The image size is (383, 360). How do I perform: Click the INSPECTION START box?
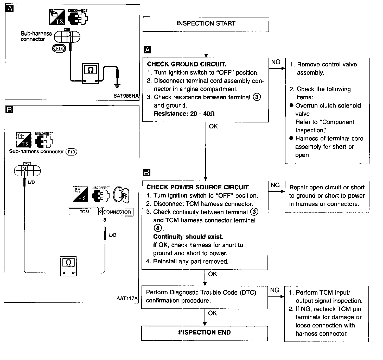(x=206, y=24)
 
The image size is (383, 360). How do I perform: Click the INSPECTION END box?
(x=205, y=333)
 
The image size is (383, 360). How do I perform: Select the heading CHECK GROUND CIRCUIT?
(x=187, y=64)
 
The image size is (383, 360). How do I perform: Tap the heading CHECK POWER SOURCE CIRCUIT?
(x=198, y=187)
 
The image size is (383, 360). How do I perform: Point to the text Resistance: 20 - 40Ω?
(x=184, y=114)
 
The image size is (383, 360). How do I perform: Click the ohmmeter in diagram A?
(x=91, y=73)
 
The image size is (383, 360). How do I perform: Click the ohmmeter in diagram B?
(x=68, y=266)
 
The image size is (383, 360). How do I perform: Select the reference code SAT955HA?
(x=126, y=96)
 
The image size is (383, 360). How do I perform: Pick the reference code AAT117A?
(x=127, y=298)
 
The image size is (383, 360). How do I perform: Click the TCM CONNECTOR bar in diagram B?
(x=100, y=212)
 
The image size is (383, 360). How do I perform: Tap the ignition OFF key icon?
(x=121, y=195)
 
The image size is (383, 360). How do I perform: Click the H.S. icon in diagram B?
(x=80, y=194)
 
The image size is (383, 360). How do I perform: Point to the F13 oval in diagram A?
(x=59, y=48)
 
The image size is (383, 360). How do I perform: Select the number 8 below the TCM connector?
(x=105, y=220)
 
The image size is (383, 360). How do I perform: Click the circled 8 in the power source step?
(x=158, y=228)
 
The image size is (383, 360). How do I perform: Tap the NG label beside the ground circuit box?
(x=276, y=62)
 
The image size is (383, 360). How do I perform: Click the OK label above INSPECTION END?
(x=212, y=313)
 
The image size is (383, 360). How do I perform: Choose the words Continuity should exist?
(x=188, y=237)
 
